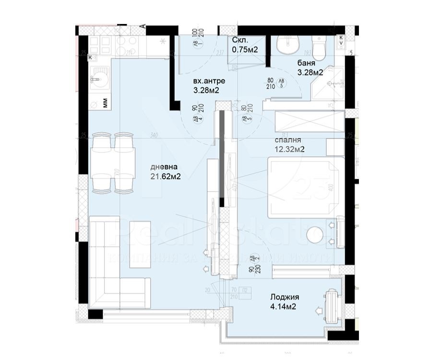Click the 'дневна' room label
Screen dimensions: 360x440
click(164, 167)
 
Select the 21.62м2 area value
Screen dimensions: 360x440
click(165, 176)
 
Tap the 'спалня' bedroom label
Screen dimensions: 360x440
click(288, 140)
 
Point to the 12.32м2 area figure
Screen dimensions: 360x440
click(290, 150)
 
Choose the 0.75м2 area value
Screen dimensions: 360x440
click(246, 49)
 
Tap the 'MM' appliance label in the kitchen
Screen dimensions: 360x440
click(104, 102)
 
